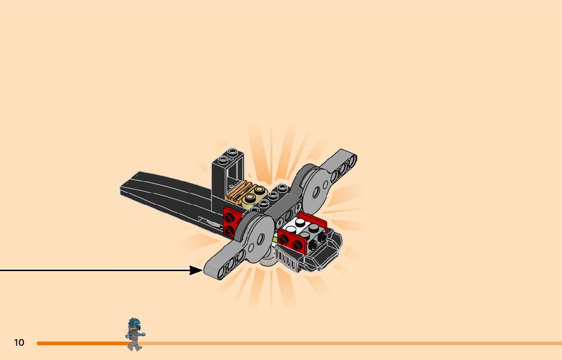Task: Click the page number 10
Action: (19, 343)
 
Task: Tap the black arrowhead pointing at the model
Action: (196, 270)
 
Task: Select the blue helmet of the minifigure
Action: (134, 323)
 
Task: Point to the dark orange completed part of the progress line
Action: (81, 343)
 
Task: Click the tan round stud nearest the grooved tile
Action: (251, 200)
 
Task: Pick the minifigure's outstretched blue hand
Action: (143, 334)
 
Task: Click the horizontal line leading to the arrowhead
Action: (91, 270)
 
